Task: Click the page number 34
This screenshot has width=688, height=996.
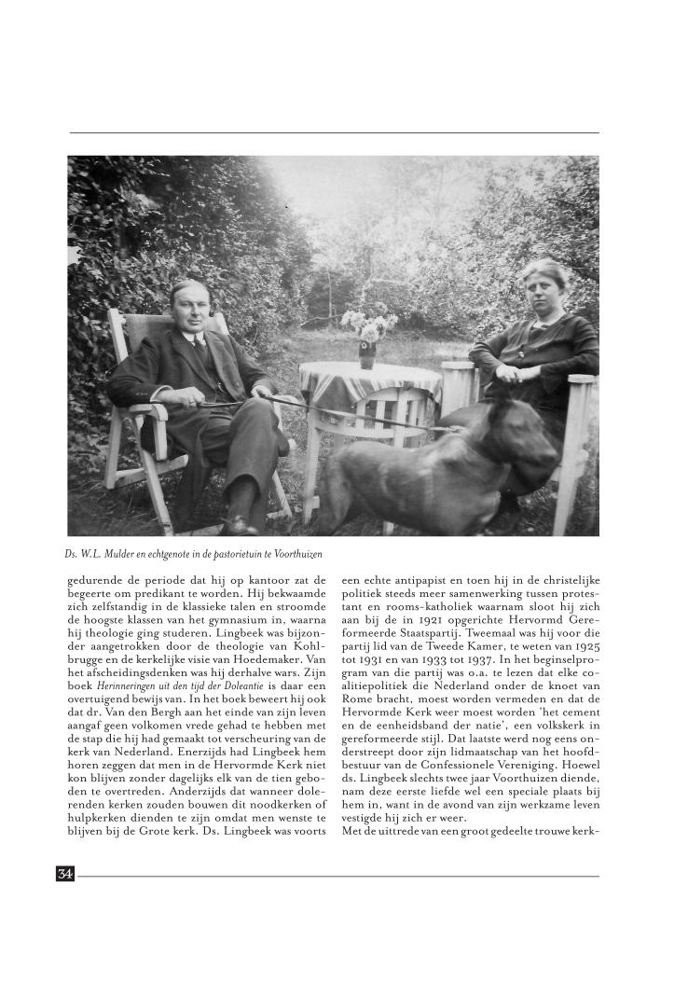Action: (65, 875)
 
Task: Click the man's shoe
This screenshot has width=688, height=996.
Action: (238, 524)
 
